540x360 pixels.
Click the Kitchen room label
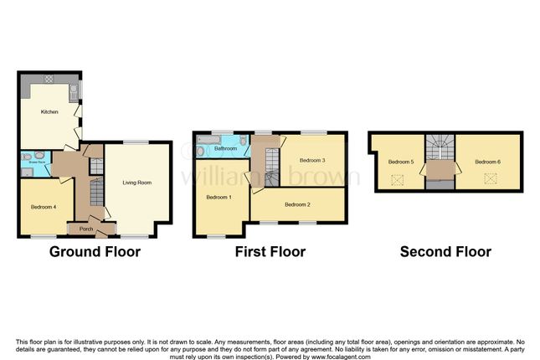pos(49,111)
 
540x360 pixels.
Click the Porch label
pos(85,229)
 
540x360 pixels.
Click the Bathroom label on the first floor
pos(224,148)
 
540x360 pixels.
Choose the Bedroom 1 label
pos(219,196)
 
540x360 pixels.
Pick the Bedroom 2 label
pos(297,204)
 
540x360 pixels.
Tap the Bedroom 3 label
pos(311,159)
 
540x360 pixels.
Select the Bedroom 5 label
pos(401,162)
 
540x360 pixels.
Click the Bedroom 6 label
pos(487,161)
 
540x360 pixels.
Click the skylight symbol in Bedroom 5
pos(399,178)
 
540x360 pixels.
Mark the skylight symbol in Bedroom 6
pos(491,177)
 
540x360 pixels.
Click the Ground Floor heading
pos(95,251)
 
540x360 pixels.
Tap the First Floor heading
pos(270,251)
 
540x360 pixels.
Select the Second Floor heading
pos(445,251)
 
